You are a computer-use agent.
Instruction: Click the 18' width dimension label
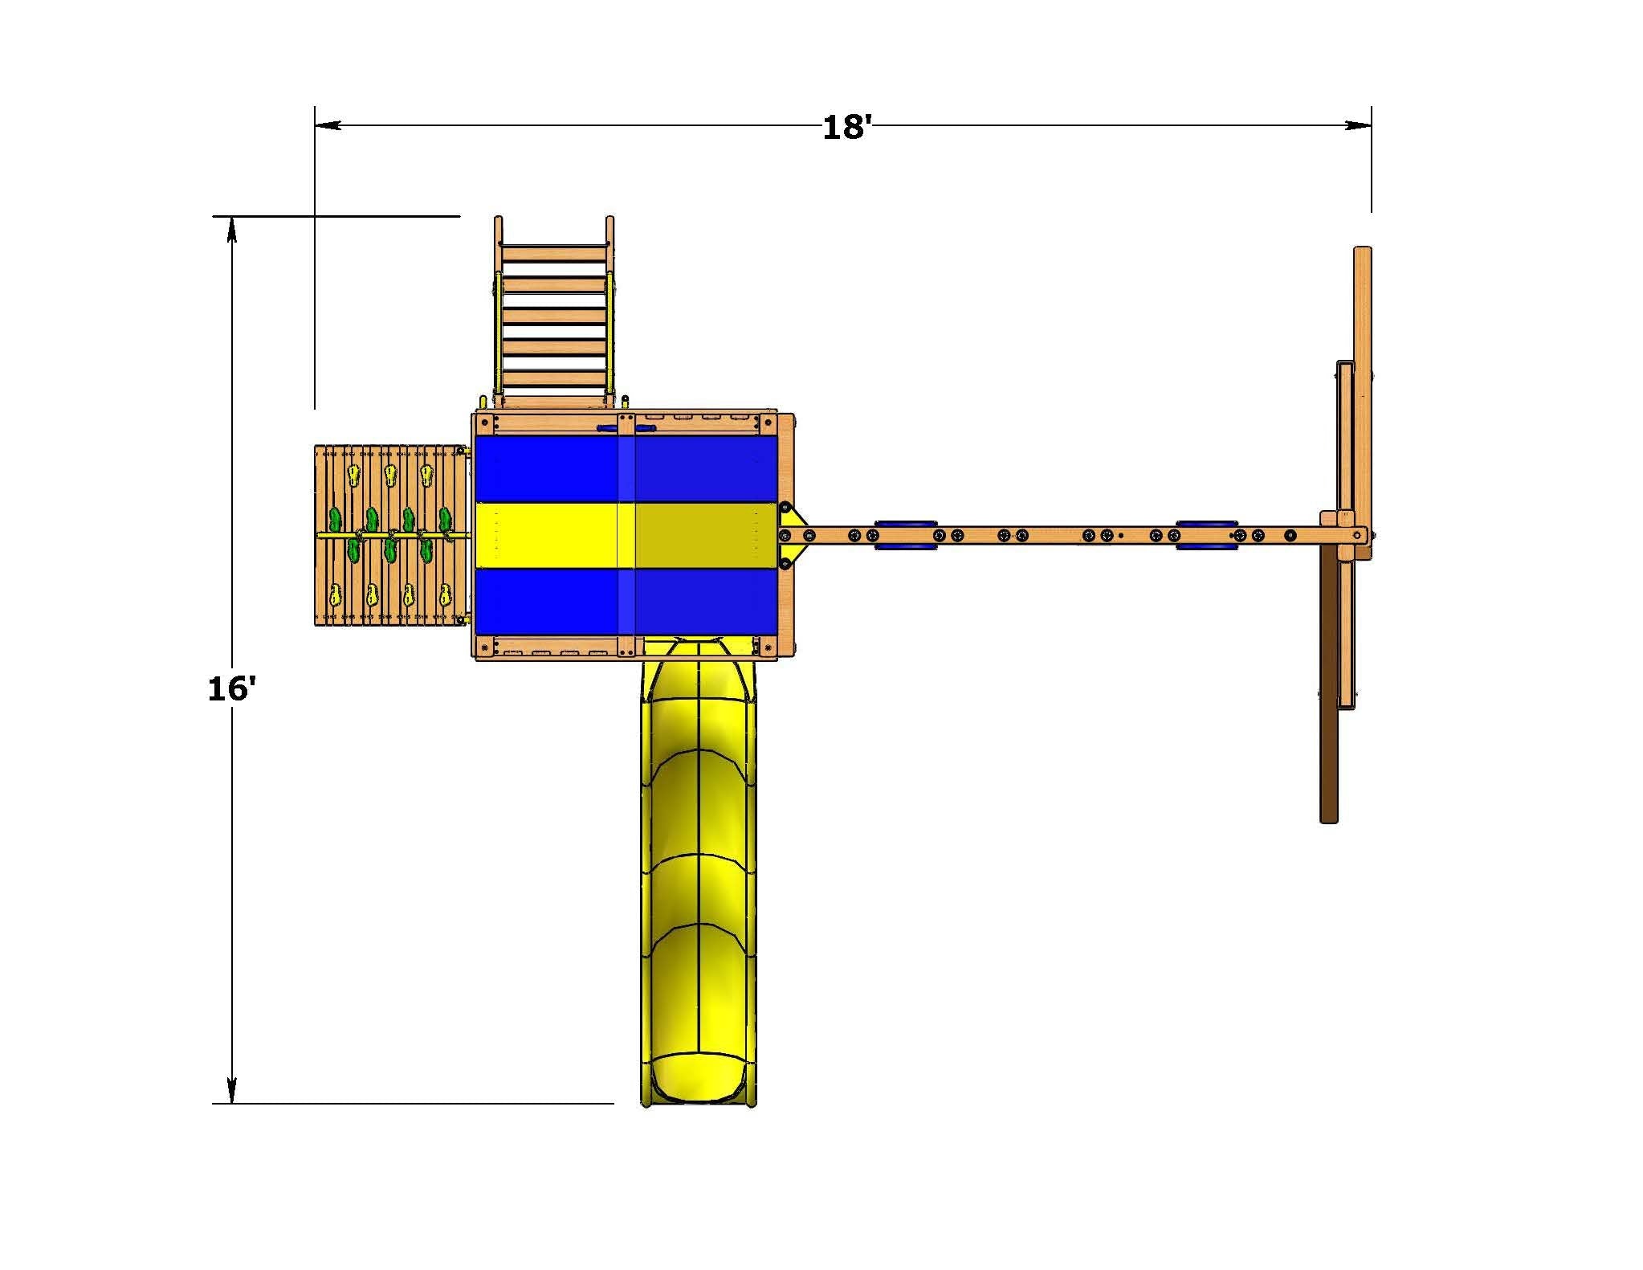tap(846, 128)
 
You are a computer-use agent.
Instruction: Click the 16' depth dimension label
tap(231, 688)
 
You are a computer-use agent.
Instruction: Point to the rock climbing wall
tap(390, 535)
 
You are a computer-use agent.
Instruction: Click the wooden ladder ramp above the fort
tap(553, 313)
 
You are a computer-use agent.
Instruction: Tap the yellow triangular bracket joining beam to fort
tap(790, 534)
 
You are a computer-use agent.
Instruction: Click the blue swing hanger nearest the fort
tap(906, 535)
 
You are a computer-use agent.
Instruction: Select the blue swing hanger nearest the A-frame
tap(1207, 535)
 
